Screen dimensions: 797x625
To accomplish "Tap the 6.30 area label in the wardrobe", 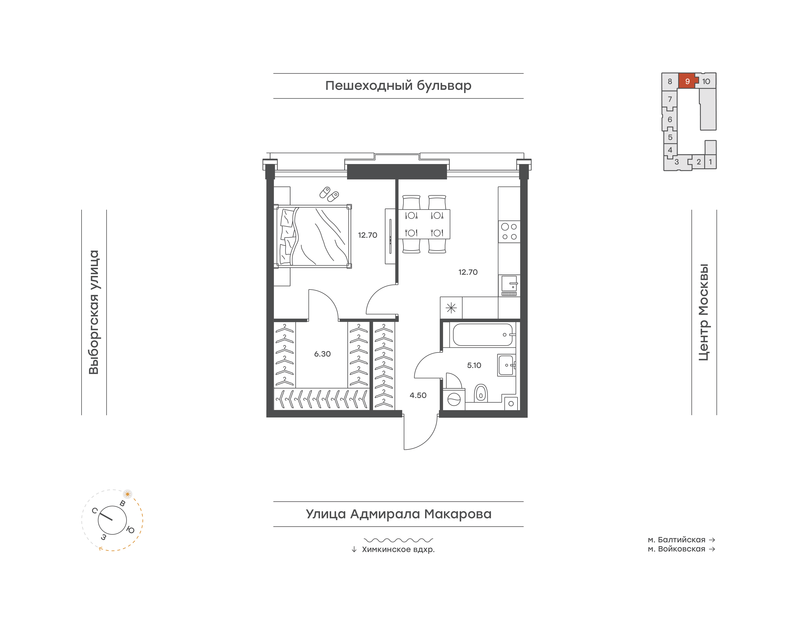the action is [322, 354].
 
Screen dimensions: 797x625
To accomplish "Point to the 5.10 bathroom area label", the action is [474, 365].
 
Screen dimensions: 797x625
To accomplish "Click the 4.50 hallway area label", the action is [418, 395].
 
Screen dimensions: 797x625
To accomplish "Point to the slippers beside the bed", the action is [329, 194].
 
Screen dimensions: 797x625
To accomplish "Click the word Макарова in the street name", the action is [458, 514].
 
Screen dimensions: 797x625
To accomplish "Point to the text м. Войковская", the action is [677, 549].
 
